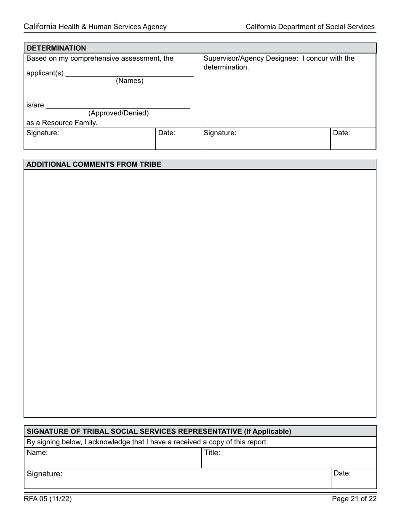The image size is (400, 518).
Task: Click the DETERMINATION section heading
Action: point(56,48)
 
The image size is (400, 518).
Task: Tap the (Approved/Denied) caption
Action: point(118,113)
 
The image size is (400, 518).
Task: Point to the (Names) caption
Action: point(130,81)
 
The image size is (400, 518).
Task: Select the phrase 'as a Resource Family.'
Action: point(62,123)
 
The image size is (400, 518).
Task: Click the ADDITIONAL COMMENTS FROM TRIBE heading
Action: point(94,164)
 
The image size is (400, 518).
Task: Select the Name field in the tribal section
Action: point(112,458)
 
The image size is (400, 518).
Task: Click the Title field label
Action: point(213,453)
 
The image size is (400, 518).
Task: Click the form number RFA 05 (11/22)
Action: point(48,499)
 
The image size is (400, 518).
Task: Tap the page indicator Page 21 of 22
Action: point(354,499)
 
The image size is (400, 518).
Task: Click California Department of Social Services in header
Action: point(310,27)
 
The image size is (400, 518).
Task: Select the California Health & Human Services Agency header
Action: point(95,27)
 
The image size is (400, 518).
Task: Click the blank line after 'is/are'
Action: point(117,106)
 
